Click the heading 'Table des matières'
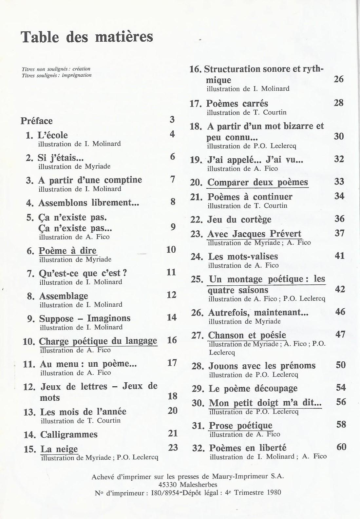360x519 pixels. pos(87,37)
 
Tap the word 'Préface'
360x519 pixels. pos(37,121)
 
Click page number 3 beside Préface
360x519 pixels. pos(172,120)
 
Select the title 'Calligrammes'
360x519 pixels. pos(69,434)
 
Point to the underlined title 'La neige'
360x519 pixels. pos(59,449)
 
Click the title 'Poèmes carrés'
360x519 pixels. pos(237,104)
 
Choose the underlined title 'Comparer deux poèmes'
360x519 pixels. pos(258,182)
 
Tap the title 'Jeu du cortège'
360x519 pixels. pos(239,219)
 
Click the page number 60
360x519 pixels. pos(341,447)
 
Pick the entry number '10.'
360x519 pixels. pos(29,342)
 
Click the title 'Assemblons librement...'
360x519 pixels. pos(89,203)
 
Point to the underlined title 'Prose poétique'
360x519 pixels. pos(241,426)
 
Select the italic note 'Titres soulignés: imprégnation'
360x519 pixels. pos(57,75)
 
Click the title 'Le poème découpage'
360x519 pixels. pos(253,389)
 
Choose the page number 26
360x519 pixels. pos(338,79)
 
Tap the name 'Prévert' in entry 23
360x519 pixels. pos(285,234)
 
